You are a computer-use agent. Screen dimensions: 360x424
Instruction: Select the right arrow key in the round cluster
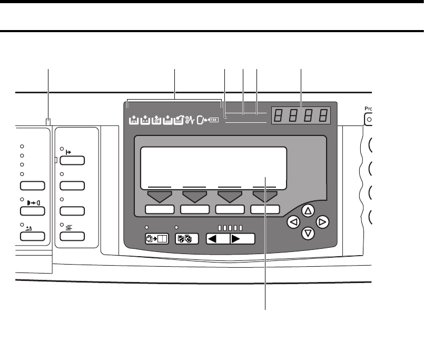click(323, 222)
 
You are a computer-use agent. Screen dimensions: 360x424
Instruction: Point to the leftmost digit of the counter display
click(279, 115)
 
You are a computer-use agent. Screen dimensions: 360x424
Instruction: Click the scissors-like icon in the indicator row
click(190, 121)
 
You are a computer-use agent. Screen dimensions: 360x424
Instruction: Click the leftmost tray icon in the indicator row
click(133, 121)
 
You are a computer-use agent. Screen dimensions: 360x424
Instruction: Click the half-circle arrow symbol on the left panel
click(32, 202)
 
